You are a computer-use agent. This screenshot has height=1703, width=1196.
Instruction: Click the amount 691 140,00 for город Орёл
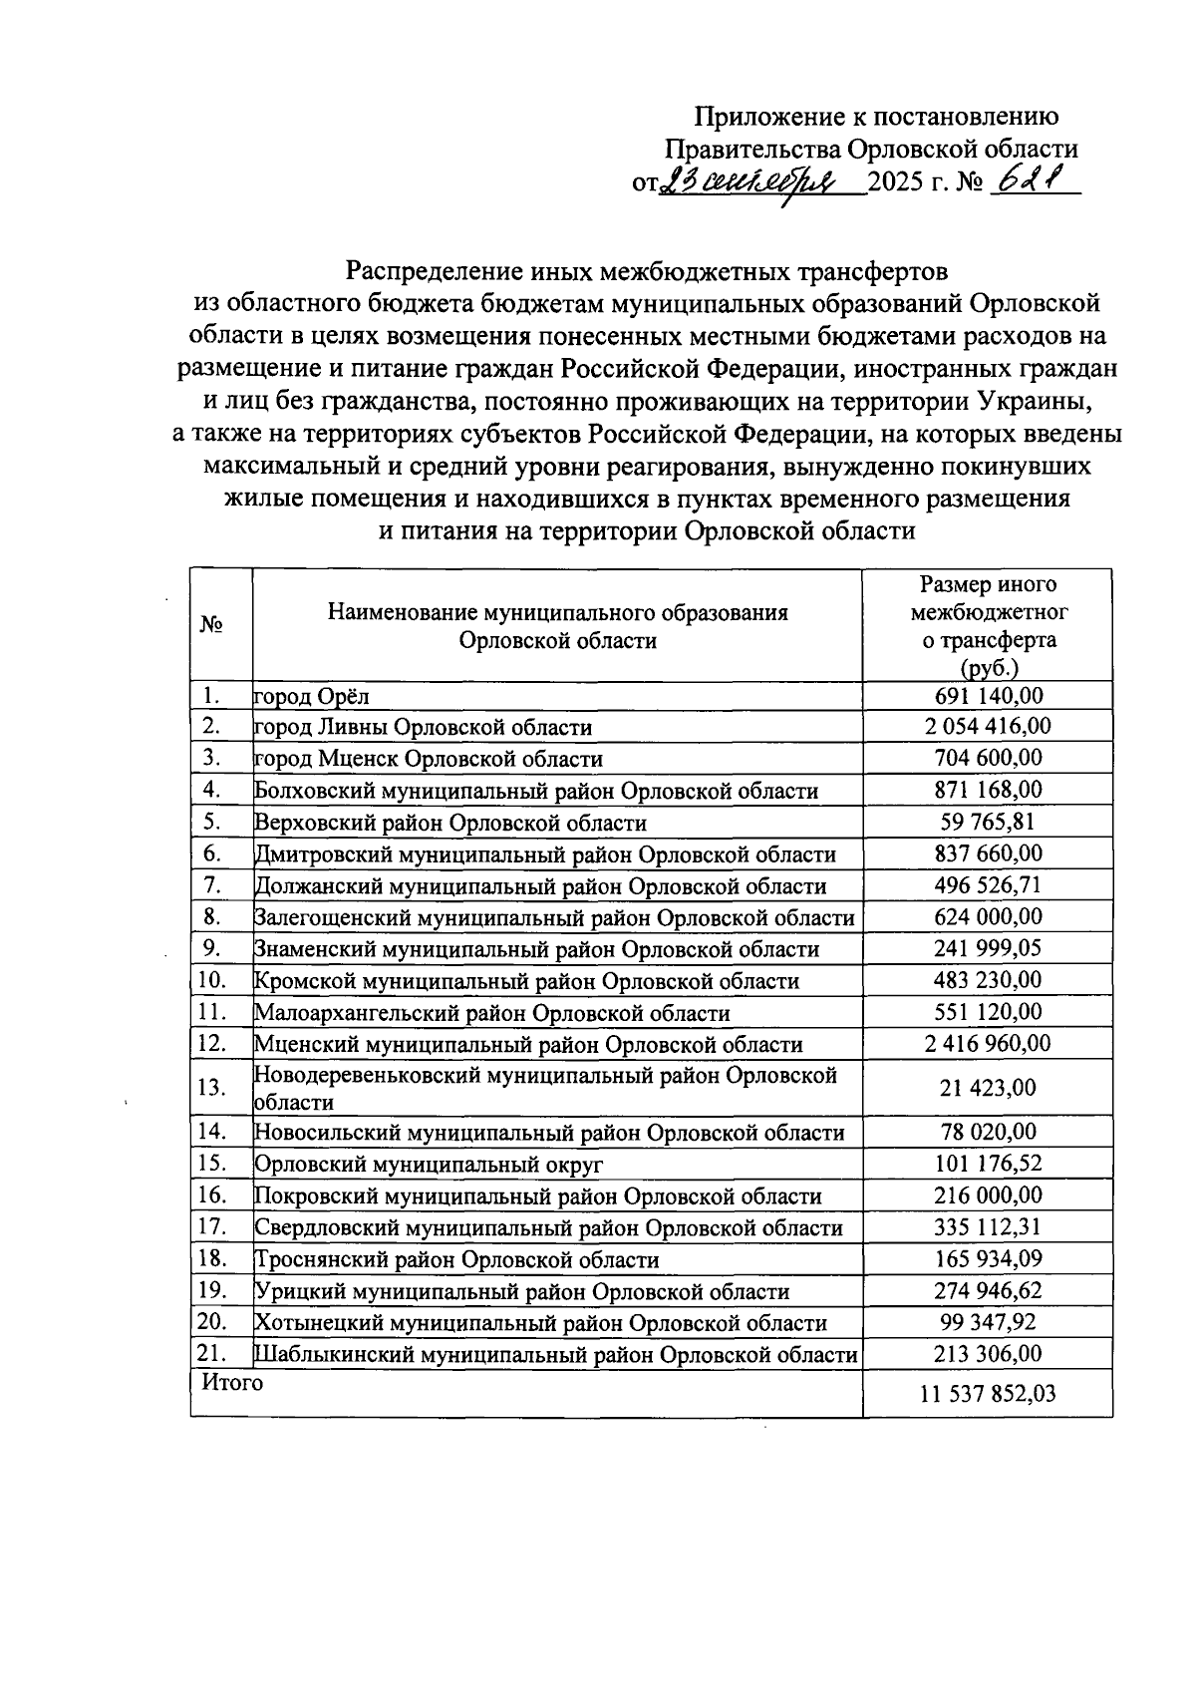click(988, 696)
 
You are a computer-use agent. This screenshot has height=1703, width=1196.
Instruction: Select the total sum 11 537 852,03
click(988, 1394)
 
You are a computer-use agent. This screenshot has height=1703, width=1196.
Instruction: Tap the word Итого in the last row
click(232, 1383)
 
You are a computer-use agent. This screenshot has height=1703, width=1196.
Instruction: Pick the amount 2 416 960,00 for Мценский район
click(988, 1044)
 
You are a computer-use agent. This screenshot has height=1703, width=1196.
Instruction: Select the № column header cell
click(211, 625)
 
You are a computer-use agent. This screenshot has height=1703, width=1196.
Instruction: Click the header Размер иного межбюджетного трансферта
click(988, 625)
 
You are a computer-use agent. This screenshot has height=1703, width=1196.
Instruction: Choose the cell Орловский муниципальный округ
click(430, 1165)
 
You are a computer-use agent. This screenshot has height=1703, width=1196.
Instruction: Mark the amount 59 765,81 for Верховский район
click(988, 822)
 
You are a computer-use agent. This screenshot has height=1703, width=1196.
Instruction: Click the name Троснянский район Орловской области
click(457, 1259)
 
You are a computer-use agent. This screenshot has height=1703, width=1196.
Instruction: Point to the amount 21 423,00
click(988, 1087)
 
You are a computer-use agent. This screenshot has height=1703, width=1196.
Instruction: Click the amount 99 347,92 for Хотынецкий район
click(988, 1322)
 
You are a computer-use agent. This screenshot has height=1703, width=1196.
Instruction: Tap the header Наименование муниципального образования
click(558, 611)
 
